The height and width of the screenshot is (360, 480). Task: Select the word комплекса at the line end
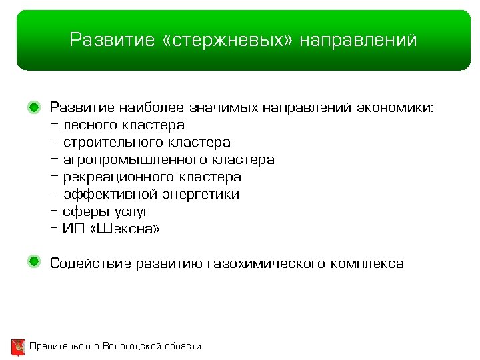click(366, 263)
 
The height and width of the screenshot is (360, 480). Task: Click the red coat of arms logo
click(18, 347)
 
